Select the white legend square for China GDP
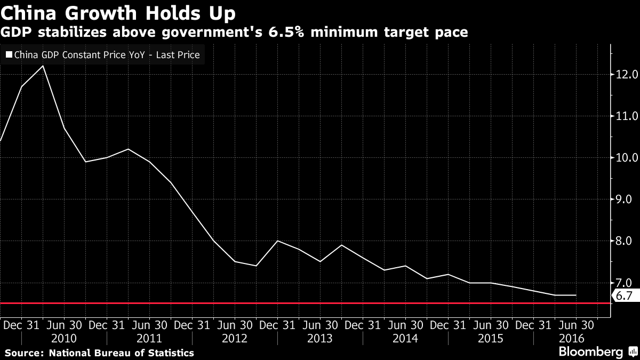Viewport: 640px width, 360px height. [x=9, y=54]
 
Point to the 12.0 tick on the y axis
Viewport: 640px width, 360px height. [x=627, y=74]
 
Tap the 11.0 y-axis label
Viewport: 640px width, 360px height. [x=627, y=116]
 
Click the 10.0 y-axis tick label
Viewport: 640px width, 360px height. [x=627, y=157]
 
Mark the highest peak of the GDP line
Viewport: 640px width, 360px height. [x=43, y=66]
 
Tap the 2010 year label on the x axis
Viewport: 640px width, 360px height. [x=64, y=339]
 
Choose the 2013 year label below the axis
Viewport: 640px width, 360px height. [x=320, y=339]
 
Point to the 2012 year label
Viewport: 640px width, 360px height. [x=235, y=339]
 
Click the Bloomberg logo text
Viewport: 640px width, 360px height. [x=590, y=352]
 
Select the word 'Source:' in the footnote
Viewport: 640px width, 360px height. [x=24, y=353]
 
